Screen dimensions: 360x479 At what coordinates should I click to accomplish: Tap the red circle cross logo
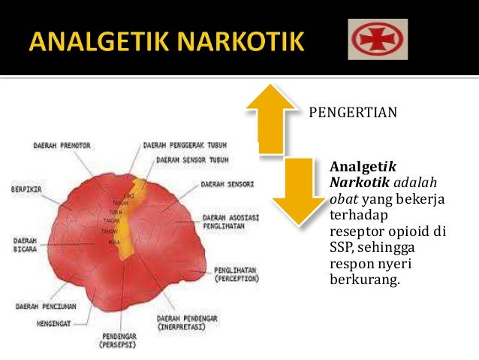[x=378, y=39]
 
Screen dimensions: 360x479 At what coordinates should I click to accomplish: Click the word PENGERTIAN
[x=352, y=113]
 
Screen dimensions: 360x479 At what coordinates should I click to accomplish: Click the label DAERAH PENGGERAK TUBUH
[x=179, y=145]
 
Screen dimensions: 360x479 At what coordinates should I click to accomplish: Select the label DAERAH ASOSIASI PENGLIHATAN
[x=230, y=222]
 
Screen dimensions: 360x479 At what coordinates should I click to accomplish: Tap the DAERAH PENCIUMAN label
[x=46, y=307]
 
